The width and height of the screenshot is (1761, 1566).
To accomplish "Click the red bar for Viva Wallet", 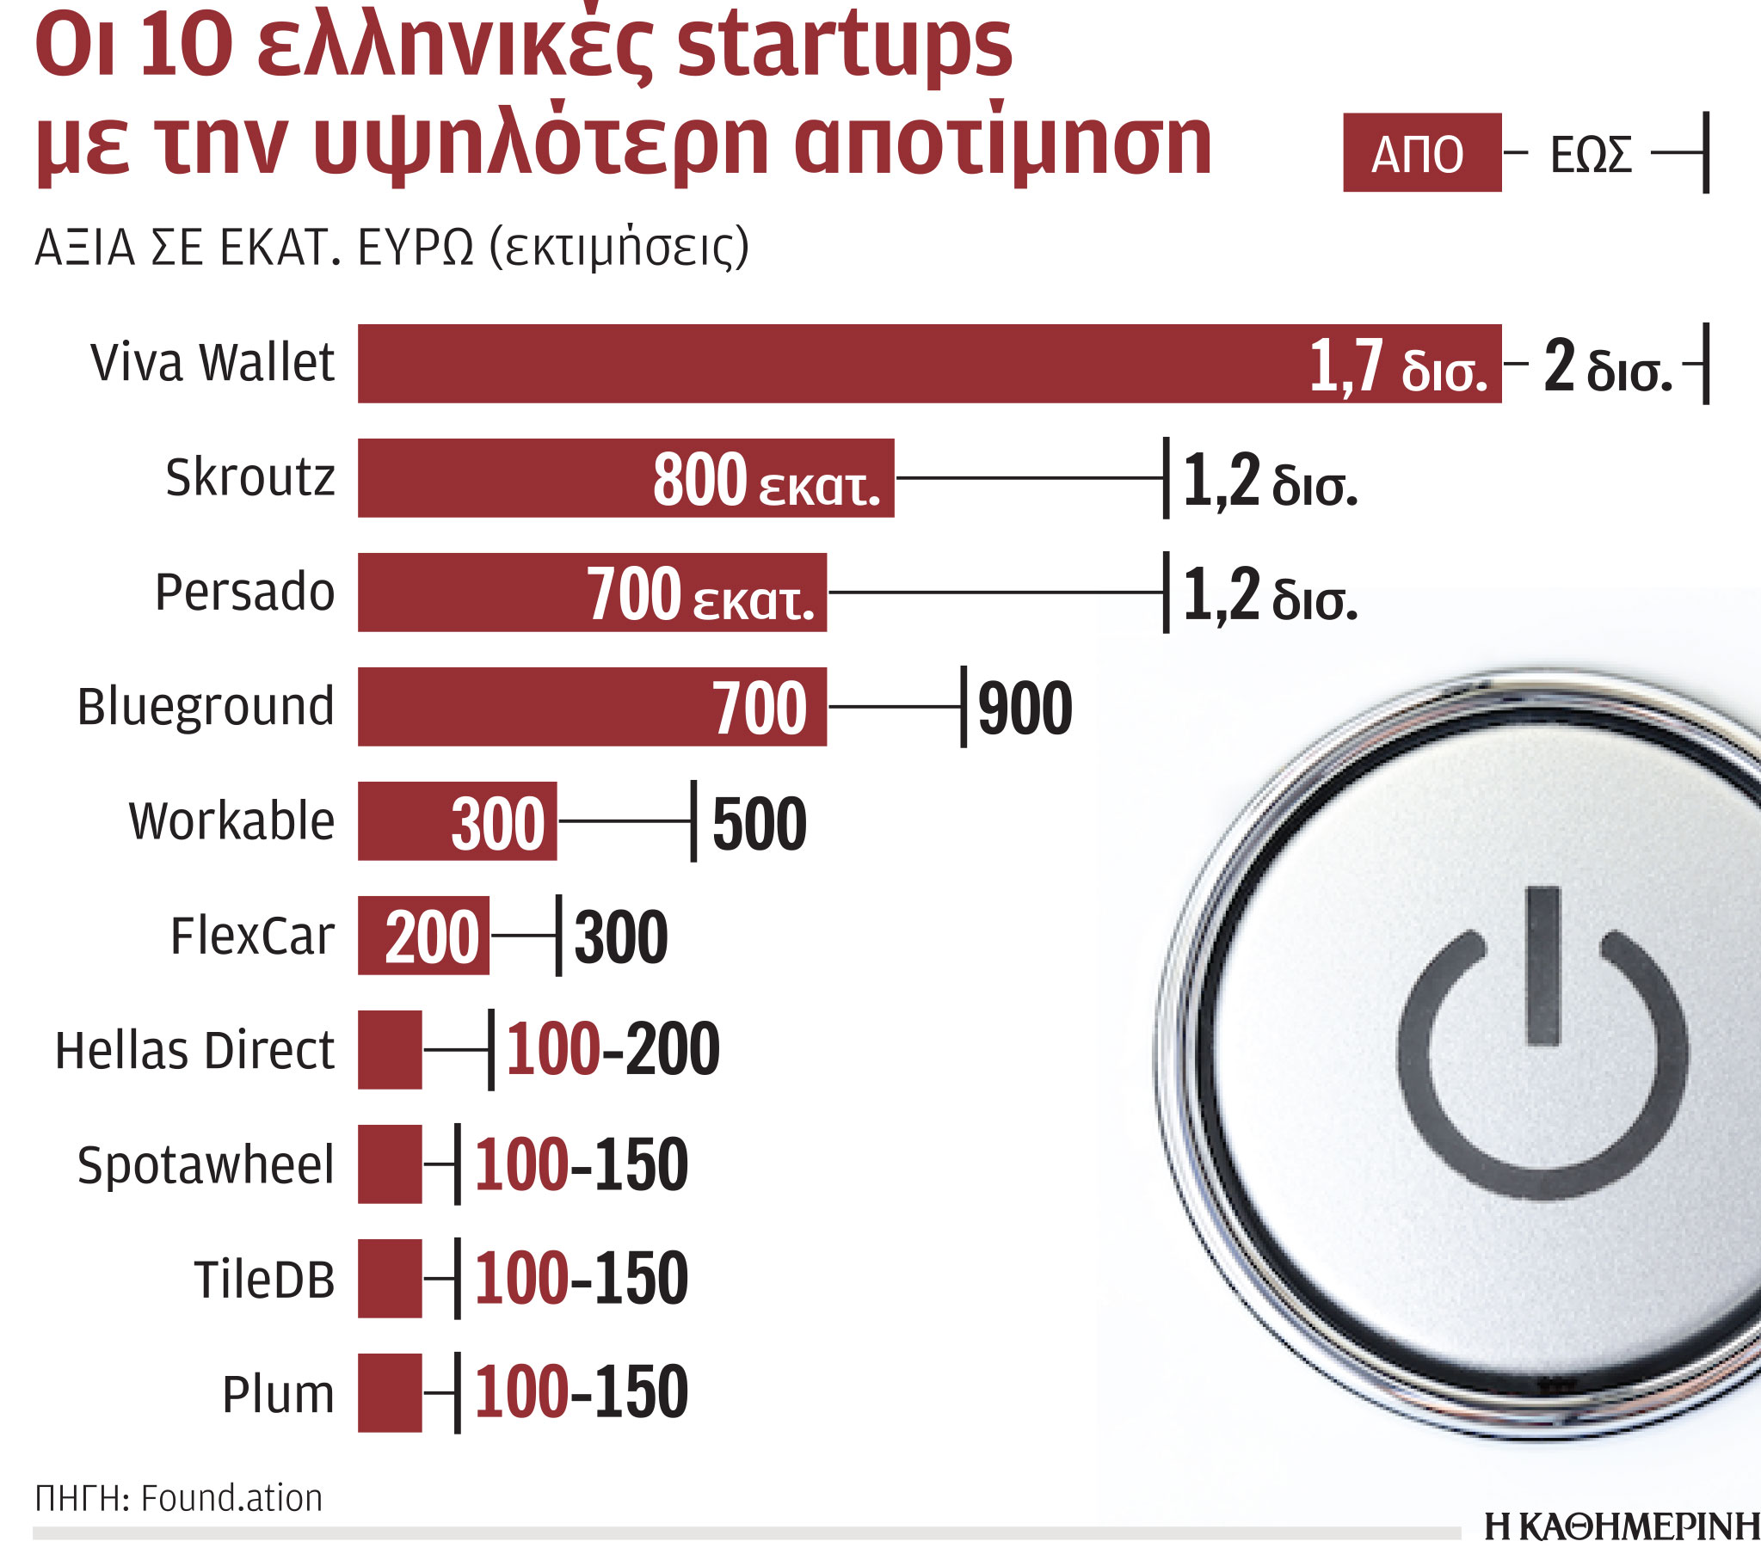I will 827,363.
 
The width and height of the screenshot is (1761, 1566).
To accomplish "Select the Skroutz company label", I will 249,477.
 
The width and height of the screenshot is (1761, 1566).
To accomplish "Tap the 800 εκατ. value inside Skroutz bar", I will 765,480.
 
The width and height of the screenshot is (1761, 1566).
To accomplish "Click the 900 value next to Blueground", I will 1025,708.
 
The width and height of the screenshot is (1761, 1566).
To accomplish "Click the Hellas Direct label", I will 194,1050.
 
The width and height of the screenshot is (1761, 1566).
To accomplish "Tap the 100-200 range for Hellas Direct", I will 612,1049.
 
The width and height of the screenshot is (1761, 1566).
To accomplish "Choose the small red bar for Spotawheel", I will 390,1164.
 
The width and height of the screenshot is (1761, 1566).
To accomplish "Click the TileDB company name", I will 263,1278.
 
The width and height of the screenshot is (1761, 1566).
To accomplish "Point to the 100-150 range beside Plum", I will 581,1392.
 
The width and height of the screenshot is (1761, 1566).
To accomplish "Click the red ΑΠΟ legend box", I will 1421,152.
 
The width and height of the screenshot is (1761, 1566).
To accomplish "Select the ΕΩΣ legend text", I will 1591,155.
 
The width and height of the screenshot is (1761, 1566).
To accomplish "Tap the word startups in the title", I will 844,47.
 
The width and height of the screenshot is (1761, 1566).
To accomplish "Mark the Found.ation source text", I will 231,1498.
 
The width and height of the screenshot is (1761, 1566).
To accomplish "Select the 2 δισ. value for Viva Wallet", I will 1607,367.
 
